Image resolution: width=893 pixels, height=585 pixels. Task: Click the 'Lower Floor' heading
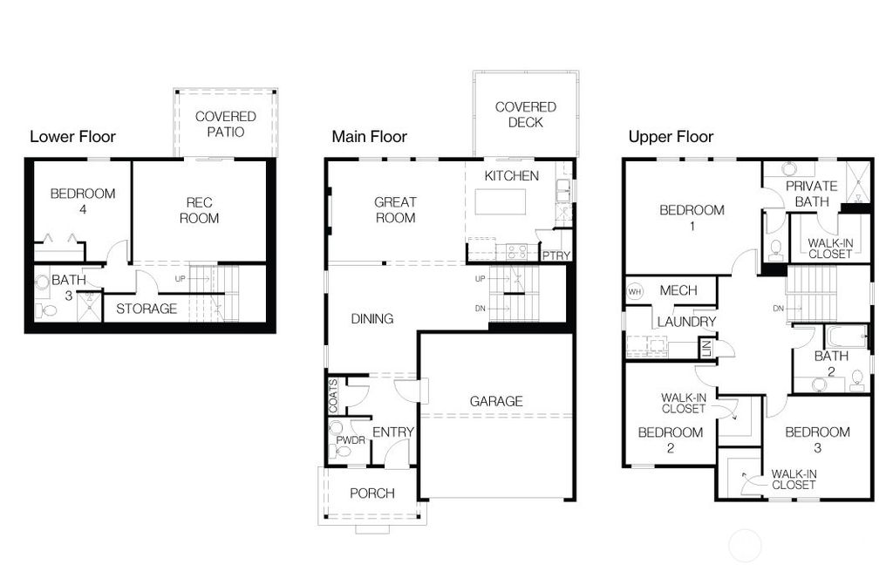coord(72,137)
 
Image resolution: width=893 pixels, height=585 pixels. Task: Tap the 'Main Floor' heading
coord(369,137)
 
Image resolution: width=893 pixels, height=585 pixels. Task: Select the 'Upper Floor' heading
coord(671,137)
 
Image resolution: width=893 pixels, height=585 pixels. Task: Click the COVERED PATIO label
coord(225,124)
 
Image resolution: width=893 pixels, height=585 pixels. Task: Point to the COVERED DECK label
coord(525,114)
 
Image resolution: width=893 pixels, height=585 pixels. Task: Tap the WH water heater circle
coord(635,291)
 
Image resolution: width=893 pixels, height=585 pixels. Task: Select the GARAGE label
coord(496,401)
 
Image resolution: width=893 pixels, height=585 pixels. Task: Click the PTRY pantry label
coord(555,255)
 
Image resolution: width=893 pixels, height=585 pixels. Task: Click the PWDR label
coord(350,440)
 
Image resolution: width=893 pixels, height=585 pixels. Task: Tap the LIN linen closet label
coord(706,349)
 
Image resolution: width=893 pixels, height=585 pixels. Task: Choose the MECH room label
coord(678,290)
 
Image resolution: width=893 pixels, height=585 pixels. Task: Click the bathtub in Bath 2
coord(846,337)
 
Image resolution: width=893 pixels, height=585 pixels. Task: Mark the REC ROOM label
coord(199,210)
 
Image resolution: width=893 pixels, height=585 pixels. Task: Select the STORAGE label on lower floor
coord(147,309)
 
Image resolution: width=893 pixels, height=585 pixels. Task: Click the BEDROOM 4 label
coord(82,201)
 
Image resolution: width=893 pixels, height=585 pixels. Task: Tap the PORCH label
coord(372,493)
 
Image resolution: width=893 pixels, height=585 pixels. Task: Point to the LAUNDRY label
coord(686,322)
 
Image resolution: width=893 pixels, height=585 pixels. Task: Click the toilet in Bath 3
coord(48,310)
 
